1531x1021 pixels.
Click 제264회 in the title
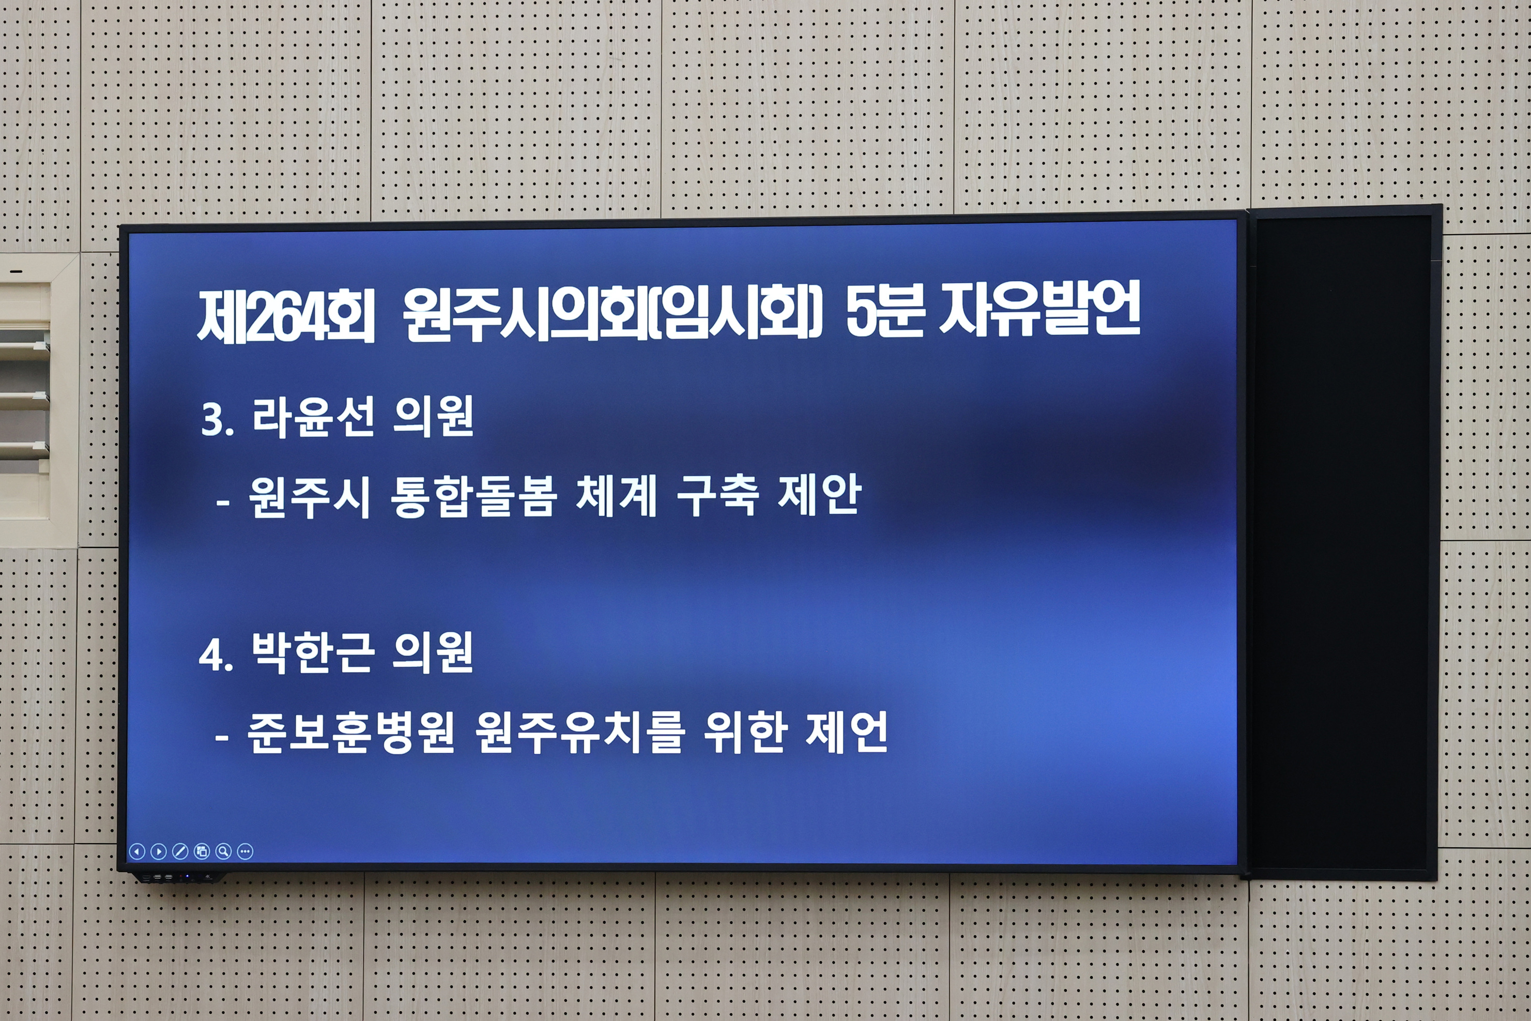point(286,315)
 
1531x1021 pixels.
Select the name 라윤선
point(313,417)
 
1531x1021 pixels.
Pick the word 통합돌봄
point(473,497)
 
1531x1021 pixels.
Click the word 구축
point(718,496)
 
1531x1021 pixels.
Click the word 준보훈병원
point(350,733)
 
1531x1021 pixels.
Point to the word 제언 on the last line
point(846,732)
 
